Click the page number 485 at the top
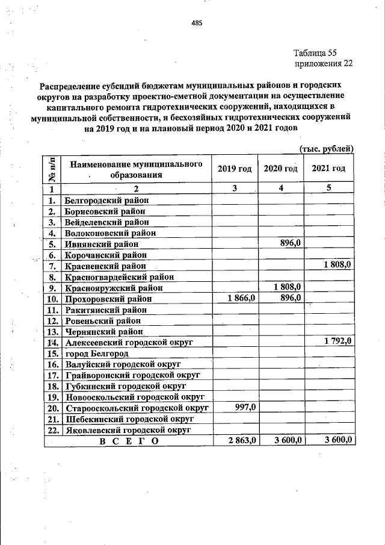click(x=197, y=23)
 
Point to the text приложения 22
click(x=323, y=63)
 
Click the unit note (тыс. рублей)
click(x=326, y=149)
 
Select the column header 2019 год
click(x=234, y=169)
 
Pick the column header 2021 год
click(x=329, y=169)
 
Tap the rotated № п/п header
click(x=52, y=169)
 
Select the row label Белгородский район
click(x=106, y=200)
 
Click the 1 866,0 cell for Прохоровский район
click(x=241, y=298)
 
